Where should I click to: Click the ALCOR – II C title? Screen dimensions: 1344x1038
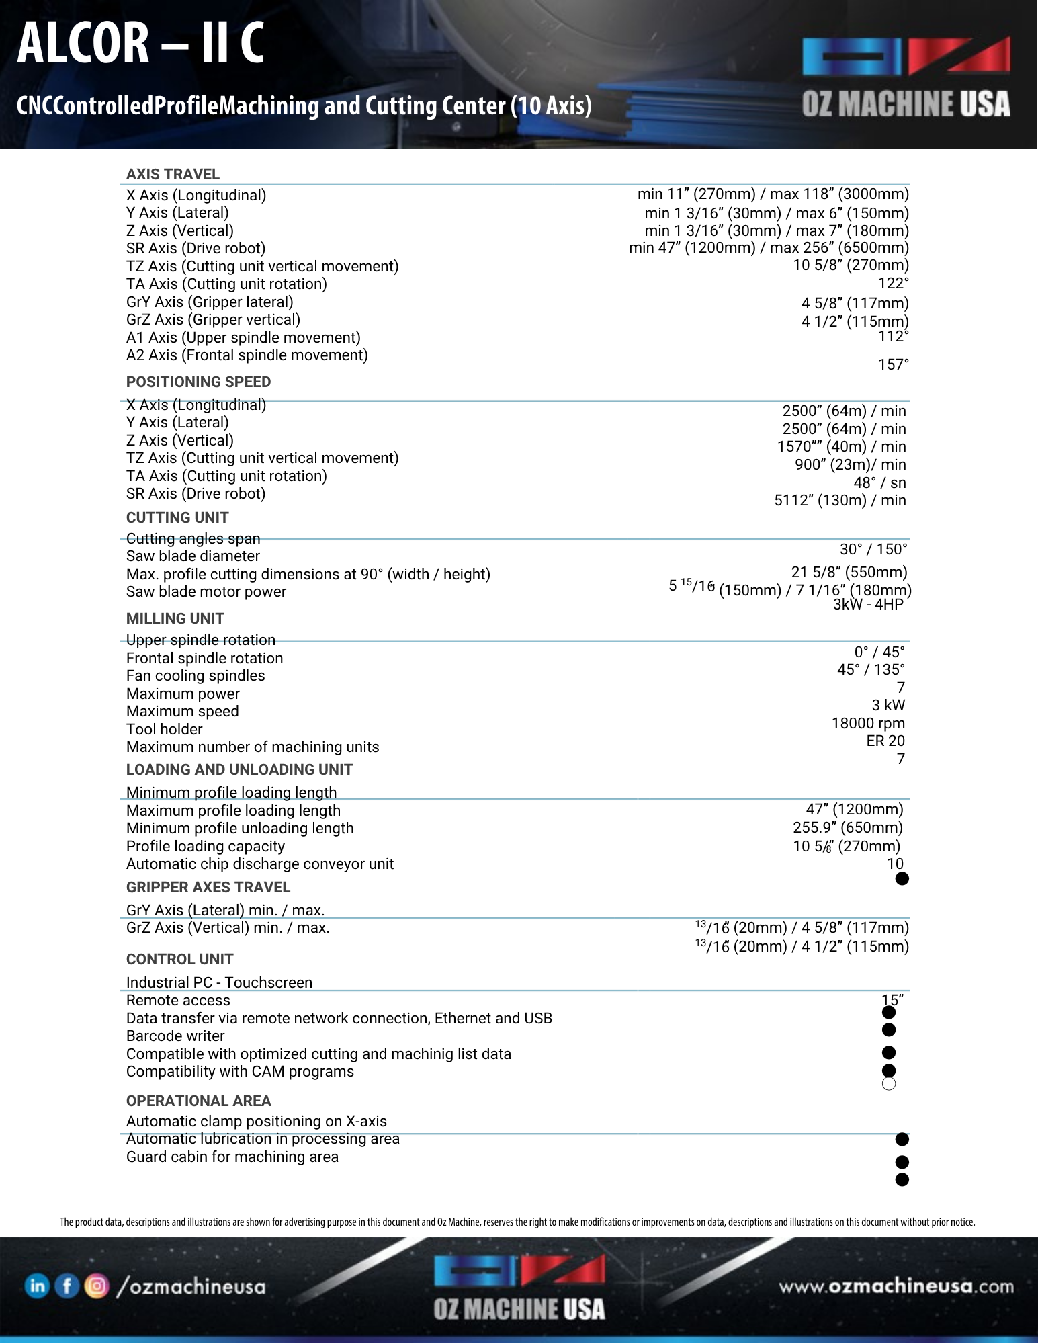click(140, 43)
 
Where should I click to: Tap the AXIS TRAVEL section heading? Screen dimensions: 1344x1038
click(173, 174)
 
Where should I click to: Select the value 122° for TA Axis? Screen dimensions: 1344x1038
click(893, 283)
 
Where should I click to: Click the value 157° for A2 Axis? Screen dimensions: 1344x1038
click(893, 364)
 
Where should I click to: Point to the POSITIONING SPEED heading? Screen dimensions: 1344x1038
click(198, 382)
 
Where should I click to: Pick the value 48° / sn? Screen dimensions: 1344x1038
click(879, 482)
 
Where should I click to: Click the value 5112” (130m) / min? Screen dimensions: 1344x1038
click(840, 500)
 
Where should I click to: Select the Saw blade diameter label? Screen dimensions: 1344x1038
click(193, 556)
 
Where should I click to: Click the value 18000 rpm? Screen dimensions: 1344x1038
click(868, 723)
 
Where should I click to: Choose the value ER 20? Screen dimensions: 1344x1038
click(885, 741)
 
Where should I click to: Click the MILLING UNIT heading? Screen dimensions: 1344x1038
click(175, 618)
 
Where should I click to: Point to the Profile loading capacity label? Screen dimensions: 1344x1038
click(205, 846)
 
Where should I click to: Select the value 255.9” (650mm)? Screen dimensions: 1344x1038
click(847, 827)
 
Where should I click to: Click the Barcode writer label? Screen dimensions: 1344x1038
click(175, 1036)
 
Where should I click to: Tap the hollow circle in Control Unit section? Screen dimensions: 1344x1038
click(889, 1083)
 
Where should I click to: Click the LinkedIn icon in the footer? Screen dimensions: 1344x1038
click(37, 1286)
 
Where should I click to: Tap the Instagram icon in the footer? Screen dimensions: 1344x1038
click(96, 1286)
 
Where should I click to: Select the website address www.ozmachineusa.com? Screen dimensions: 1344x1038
click(896, 1286)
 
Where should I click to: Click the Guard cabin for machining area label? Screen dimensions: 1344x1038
click(232, 1157)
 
